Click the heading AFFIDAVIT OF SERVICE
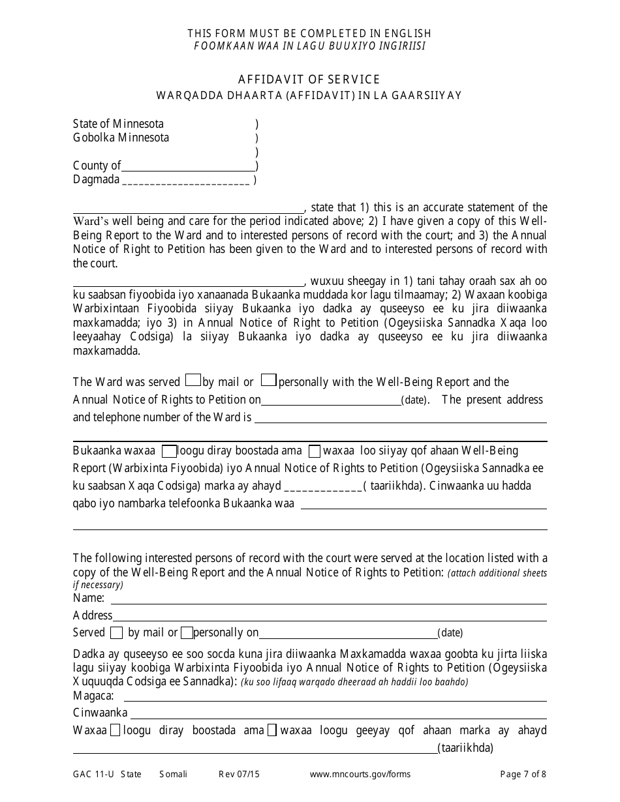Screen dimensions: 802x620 309,80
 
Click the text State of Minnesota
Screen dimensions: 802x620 118,124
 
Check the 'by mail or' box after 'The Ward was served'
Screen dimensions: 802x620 193,380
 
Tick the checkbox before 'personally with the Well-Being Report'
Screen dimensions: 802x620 268,380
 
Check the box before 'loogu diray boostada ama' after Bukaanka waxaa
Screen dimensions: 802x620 169,451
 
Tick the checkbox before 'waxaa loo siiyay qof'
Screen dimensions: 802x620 314,451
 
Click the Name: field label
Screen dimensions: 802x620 89,598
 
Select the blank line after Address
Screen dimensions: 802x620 330,616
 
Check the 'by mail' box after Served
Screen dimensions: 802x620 116,632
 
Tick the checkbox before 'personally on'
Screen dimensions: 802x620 187,632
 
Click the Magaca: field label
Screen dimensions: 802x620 94,696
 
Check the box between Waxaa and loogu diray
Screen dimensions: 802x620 115,730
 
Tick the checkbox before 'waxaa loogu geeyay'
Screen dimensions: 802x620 272,730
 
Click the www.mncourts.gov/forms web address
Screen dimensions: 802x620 360,775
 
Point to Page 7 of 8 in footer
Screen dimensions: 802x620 523,775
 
